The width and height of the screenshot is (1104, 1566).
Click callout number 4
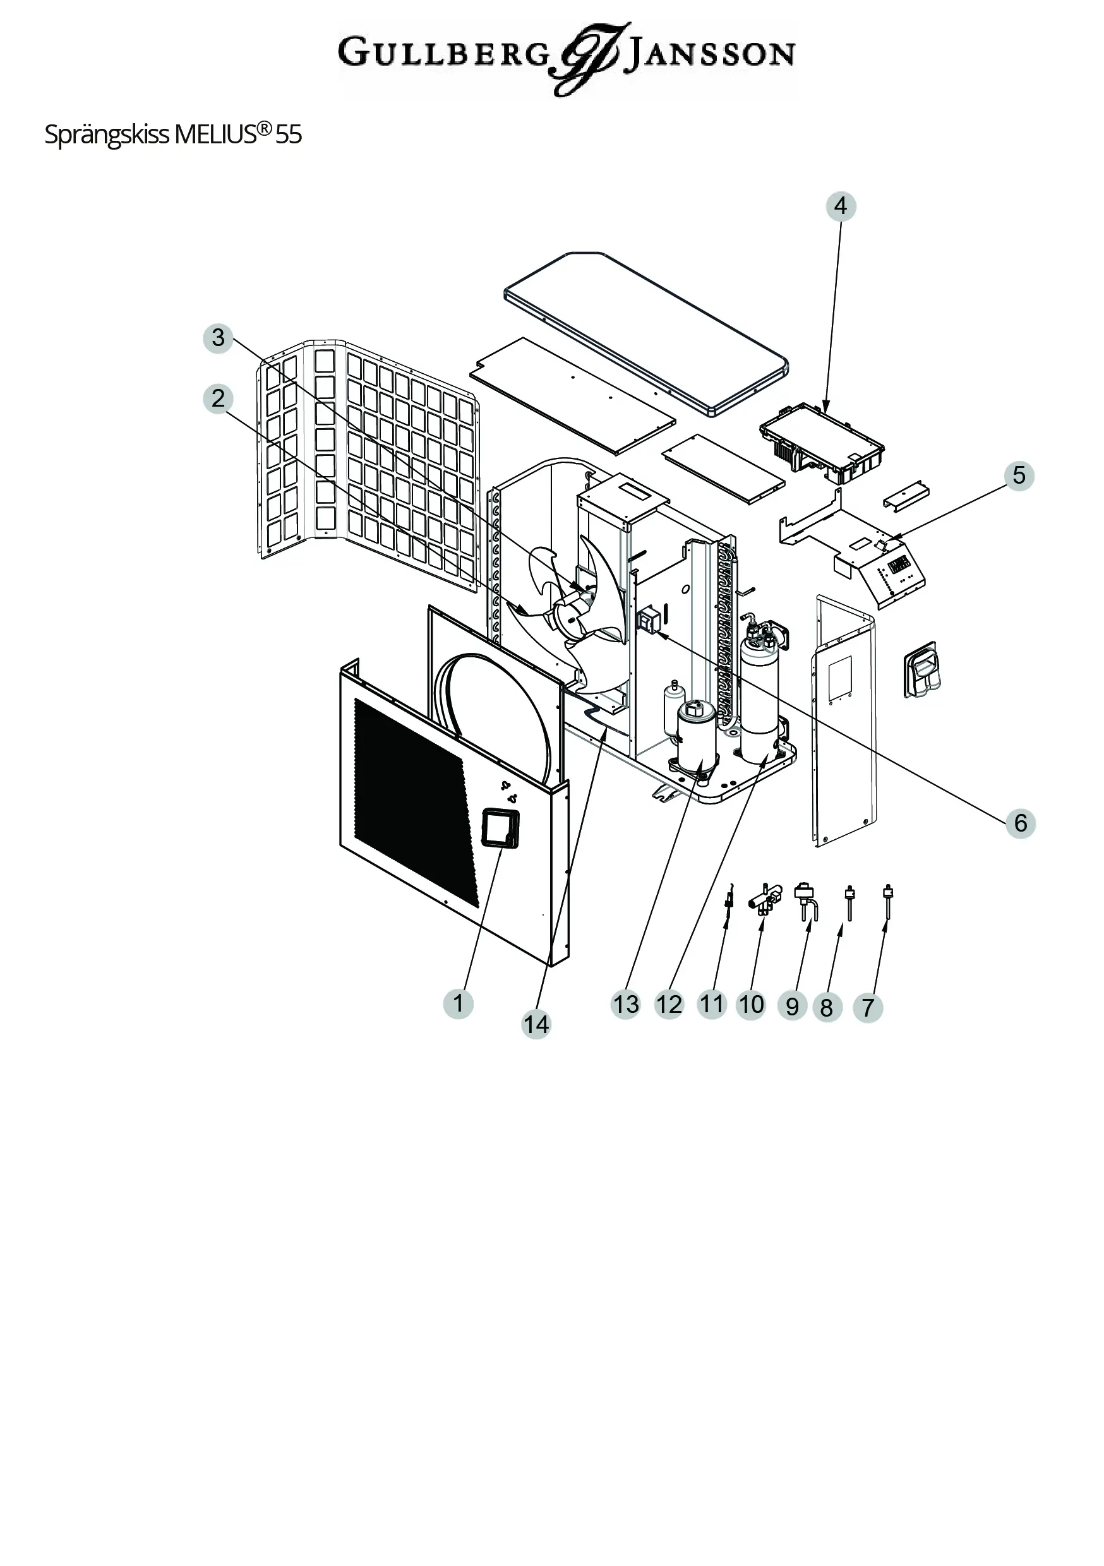(x=841, y=206)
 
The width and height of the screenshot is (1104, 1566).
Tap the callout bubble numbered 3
(x=219, y=338)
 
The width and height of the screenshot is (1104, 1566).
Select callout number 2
(x=219, y=398)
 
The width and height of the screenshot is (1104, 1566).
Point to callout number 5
(x=1019, y=475)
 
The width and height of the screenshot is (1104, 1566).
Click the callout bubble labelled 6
(x=1020, y=823)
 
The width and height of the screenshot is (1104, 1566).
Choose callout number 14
(x=536, y=1024)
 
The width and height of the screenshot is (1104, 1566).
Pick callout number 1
(x=458, y=1003)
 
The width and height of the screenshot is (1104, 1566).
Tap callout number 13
(x=625, y=1004)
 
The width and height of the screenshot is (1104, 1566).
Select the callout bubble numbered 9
(x=791, y=1007)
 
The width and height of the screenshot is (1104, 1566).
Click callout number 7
(x=868, y=1007)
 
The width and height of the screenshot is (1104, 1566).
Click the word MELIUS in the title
(x=215, y=135)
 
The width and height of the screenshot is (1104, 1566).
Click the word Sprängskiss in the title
(x=107, y=135)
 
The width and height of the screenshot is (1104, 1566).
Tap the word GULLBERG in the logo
(x=443, y=53)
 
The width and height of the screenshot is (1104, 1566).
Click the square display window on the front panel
(x=500, y=828)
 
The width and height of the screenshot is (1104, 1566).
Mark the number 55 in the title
(x=289, y=135)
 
